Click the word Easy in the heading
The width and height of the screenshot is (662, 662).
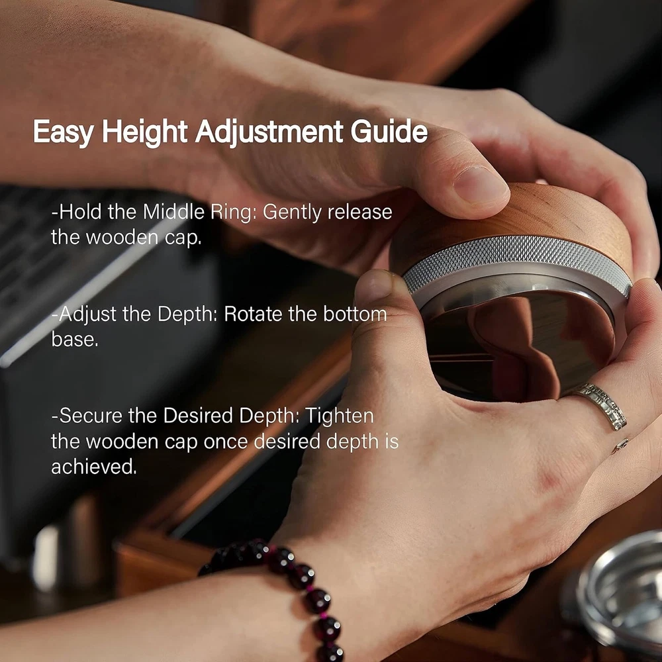click(x=64, y=132)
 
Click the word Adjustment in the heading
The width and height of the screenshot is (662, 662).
click(x=269, y=132)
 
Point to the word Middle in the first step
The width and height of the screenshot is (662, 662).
click(x=173, y=212)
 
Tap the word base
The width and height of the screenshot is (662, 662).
click(x=75, y=338)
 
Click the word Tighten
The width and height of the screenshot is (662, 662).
click(x=340, y=416)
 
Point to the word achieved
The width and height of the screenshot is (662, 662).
click(x=94, y=467)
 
